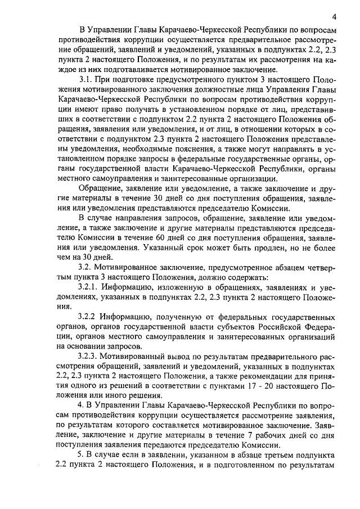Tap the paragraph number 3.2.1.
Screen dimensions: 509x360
click(x=89, y=287)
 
